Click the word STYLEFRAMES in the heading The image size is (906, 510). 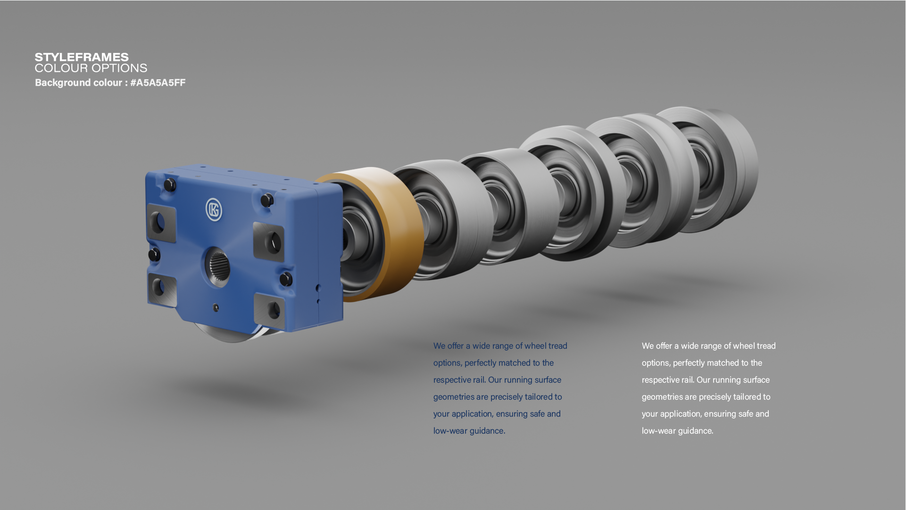pos(82,57)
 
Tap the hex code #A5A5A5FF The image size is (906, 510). pos(158,83)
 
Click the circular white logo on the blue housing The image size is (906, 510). pos(214,209)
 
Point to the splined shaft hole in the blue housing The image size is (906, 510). pos(218,266)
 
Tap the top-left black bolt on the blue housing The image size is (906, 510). pos(170,185)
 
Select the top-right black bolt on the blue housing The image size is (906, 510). pos(267,200)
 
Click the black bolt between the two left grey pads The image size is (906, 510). pos(154,255)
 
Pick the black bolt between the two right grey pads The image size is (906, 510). pos(286,279)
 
